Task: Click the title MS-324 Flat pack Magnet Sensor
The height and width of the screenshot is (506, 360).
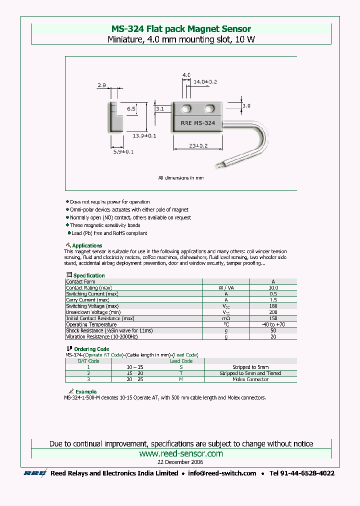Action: pos(180,29)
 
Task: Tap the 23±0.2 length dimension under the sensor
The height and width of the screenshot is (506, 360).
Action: pos(198,146)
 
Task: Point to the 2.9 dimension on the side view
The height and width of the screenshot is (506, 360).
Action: pos(101,85)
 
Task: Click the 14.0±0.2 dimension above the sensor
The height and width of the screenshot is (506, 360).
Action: pos(205,81)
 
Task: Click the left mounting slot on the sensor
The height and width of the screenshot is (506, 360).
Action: pos(186,108)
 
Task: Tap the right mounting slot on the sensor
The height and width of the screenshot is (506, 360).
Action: pos(209,108)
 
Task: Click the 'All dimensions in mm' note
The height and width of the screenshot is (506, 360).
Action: pos(181,177)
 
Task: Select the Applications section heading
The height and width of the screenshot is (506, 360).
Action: pos(87,245)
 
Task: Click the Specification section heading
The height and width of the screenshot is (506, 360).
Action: pos(89,275)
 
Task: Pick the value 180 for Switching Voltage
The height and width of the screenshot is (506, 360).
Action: pos(273,306)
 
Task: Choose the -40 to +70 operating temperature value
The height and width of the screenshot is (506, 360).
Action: pos(273,324)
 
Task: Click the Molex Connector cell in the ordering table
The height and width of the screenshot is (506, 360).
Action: pos(250,379)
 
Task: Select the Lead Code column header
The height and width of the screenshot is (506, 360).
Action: pos(181,361)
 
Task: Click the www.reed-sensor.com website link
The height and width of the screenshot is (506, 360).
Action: pos(180,453)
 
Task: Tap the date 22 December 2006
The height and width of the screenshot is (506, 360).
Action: pos(180,462)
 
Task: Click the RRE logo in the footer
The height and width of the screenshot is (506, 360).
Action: pos(35,473)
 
